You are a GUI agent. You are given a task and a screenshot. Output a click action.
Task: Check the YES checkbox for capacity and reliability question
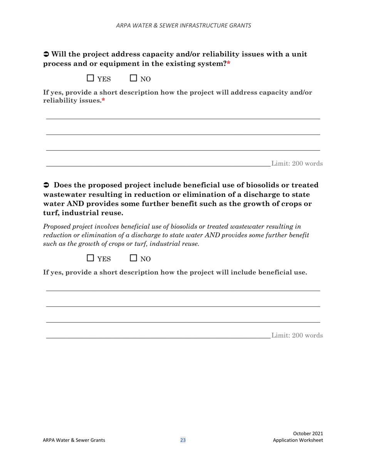coord(91,78)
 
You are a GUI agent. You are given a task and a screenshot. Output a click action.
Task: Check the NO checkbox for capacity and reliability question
coord(134,78)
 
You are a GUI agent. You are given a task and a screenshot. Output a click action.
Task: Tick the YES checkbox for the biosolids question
coord(91,258)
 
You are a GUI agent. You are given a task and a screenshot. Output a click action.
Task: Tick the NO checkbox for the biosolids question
coord(134,258)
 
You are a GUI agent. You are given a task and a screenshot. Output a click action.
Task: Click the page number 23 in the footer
coord(183,440)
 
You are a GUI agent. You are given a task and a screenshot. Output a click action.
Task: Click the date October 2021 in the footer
coord(308,433)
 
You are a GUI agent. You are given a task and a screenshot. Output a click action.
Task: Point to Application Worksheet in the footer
coord(298,440)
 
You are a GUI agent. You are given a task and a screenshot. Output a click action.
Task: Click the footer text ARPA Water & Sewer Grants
coord(74,440)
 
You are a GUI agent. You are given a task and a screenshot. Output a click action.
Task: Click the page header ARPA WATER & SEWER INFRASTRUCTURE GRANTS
coord(183,25)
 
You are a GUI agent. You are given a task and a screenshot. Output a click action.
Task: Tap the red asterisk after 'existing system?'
coord(228,64)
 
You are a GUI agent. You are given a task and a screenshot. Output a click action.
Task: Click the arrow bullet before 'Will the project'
coord(46,54)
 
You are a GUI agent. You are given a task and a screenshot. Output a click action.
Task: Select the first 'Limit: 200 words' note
coord(297,163)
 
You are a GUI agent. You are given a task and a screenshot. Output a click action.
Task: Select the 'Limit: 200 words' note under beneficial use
coord(297,335)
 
